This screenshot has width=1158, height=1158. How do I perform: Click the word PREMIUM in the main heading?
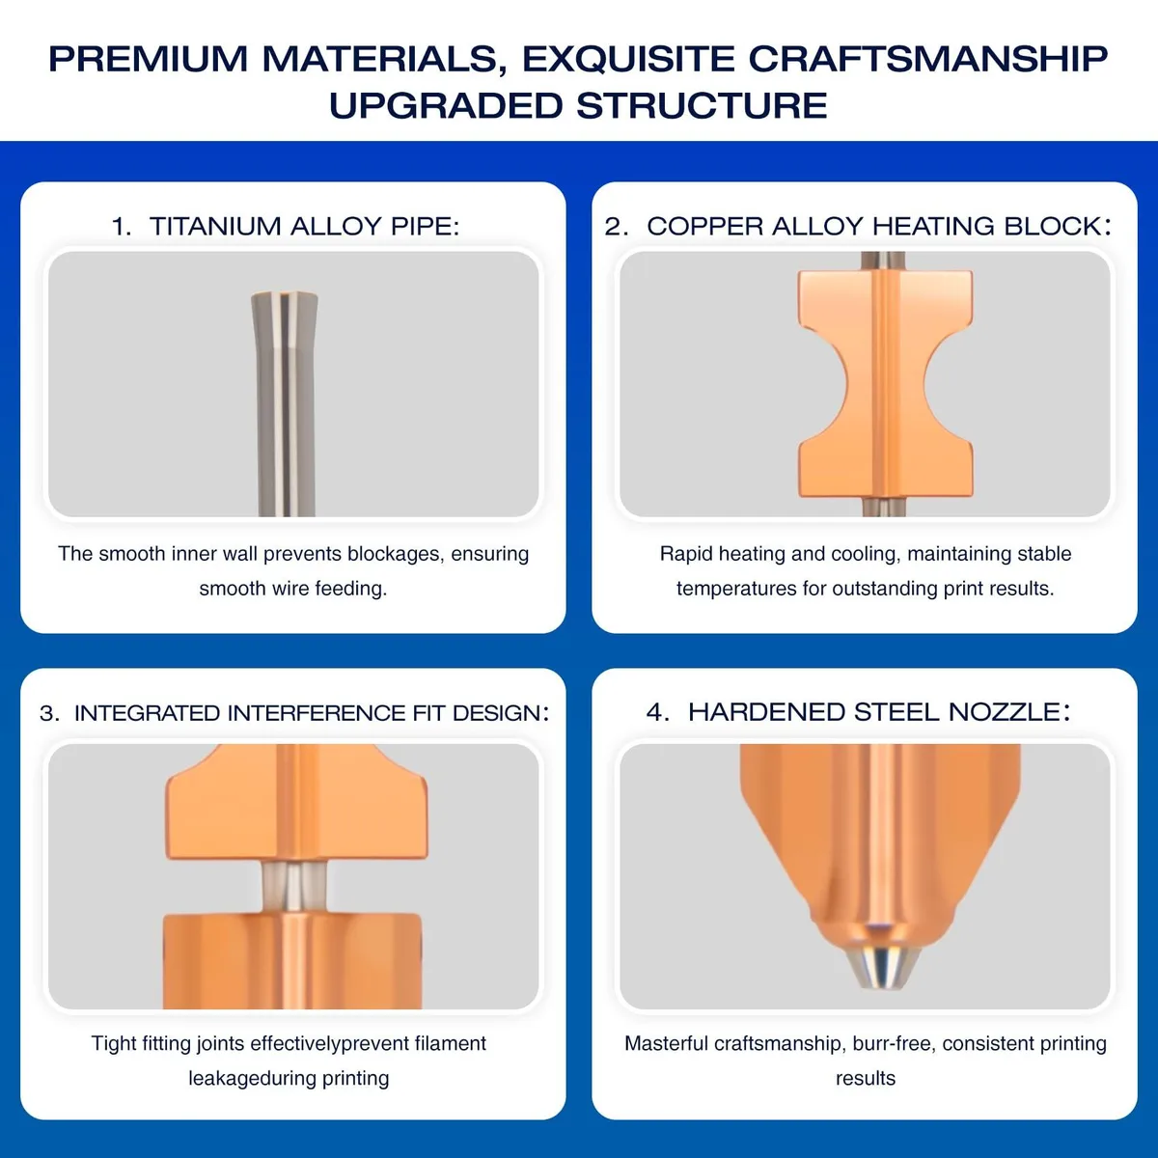tap(148, 59)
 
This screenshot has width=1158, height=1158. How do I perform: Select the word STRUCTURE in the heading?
tap(702, 106)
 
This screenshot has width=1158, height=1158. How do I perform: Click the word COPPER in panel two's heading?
tap(703, 227)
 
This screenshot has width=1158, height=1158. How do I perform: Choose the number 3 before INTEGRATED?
tap(48, 713)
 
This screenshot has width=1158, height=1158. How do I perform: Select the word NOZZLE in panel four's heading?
tap(1004, 712)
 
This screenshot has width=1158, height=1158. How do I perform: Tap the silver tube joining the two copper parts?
tap(294, 887)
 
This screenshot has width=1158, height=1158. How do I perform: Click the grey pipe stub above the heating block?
tap(882, 260)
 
